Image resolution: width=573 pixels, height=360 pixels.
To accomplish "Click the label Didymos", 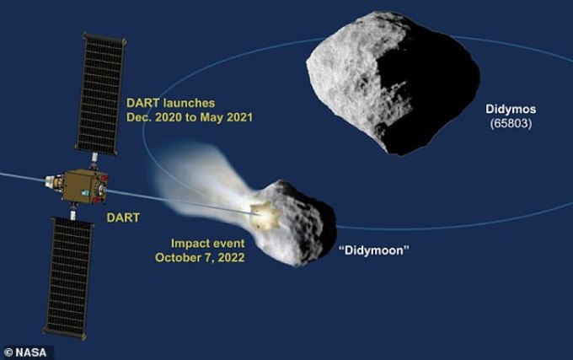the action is click(511, 110).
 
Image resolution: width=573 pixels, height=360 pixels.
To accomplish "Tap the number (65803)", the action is click(511, 124).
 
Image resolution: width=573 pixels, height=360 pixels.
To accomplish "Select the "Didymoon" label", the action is click(374, 250).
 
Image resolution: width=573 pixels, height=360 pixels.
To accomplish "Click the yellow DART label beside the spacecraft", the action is click(123, 218).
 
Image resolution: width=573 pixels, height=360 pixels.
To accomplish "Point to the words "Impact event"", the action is click(208, 244).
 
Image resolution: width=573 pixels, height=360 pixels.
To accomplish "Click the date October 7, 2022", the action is click(200, 258).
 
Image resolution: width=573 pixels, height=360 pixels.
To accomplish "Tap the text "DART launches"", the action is click(171, 103).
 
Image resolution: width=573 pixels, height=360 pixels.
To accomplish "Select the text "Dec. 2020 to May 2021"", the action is click(190, 117).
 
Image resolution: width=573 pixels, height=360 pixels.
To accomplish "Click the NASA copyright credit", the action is click(25, 352).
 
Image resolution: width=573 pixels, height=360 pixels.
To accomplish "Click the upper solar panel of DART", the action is click(100, 94).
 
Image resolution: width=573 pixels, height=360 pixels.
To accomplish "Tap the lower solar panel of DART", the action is click(68, 278).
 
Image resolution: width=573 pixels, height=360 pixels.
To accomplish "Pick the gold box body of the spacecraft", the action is click(85, 186).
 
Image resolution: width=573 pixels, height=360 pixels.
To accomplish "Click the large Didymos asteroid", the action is click(393, 83).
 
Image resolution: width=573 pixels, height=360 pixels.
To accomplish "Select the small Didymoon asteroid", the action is click(295, 223).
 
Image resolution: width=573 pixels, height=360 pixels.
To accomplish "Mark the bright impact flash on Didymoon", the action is click(265, 216).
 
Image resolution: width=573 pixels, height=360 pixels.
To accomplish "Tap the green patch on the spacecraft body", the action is click(85, 192).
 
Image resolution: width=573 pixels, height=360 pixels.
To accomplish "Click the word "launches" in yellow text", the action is click(190, 103).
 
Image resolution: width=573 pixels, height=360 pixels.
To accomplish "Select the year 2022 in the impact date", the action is click(232, 258).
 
